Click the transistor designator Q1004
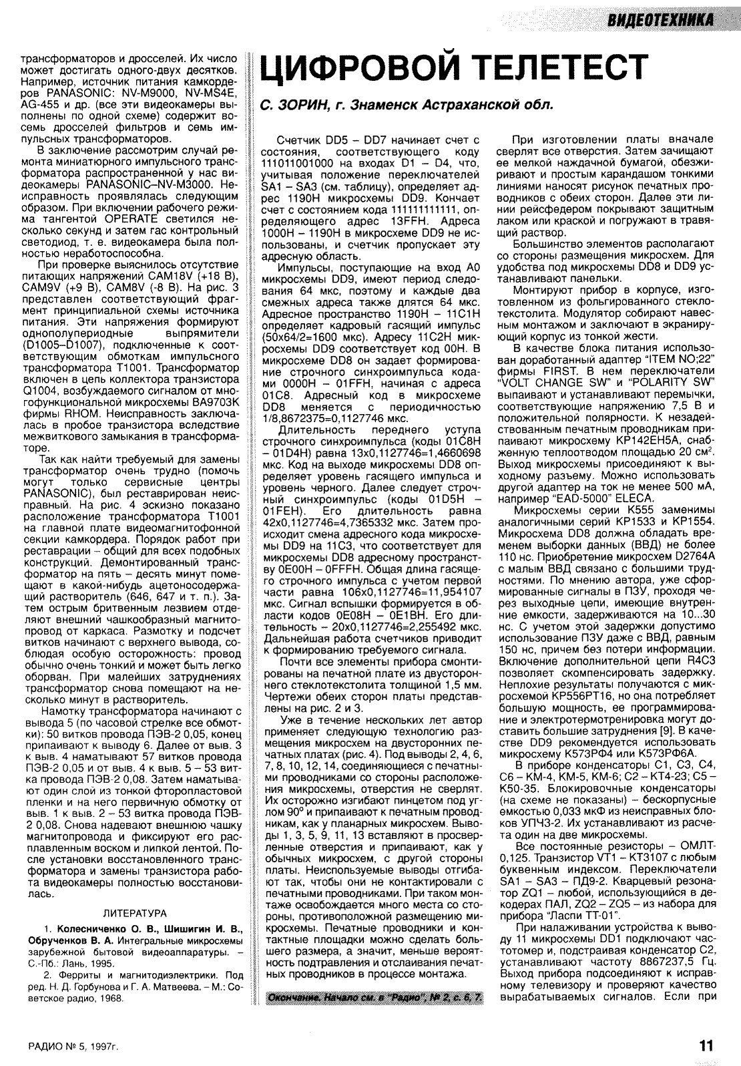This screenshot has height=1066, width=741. (41, 389)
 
